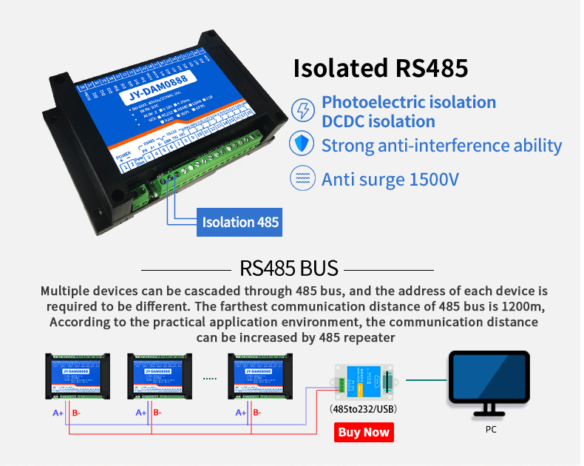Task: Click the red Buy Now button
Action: pos(364,432)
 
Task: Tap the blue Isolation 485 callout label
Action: pos(240,221)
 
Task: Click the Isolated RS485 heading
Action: pos(381,68)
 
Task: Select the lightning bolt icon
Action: pos(303,112)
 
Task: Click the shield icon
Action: pos(302,145)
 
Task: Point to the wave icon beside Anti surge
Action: pos(302,179)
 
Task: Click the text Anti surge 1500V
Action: pos(389,179)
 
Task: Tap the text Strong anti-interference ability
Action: pos(441,145)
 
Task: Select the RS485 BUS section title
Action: pos(289,268)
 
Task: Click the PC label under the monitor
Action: pos(491,428)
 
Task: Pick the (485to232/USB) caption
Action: pos(363,408)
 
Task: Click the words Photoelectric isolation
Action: pos(408,102)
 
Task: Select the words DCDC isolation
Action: pos(378,121)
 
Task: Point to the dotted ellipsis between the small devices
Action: pos(210,378)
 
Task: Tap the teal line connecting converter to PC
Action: pos(426,380)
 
